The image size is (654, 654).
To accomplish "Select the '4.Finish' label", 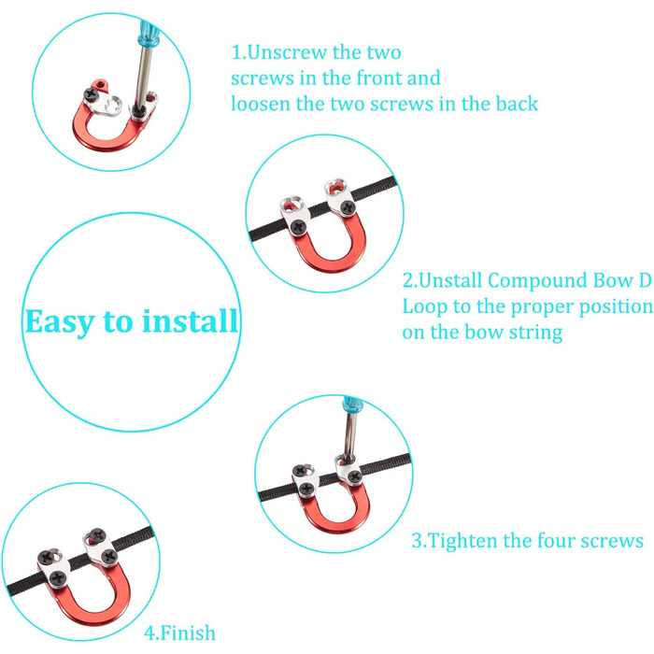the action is [x=179, y=633].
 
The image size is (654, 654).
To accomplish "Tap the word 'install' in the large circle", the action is [x=190, y=320].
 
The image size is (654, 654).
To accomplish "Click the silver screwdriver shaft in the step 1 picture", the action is [x=143, y=77].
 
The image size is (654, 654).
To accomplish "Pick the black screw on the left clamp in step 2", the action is [x=299, y=227].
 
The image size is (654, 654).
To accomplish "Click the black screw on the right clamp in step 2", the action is [x=348, y=206].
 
